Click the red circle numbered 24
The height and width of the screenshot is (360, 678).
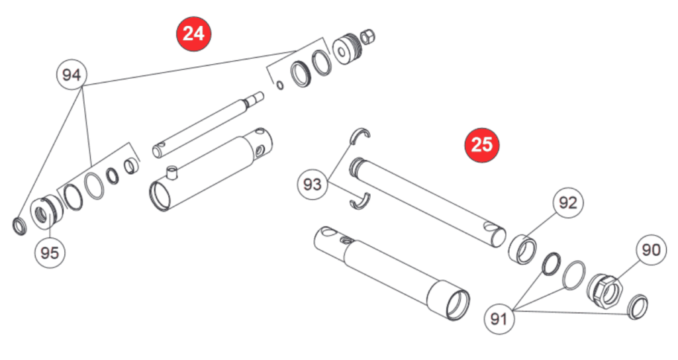coord(193,33)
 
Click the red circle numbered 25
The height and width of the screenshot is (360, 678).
coord(481,144)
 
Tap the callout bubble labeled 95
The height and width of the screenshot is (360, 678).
coord(50,252)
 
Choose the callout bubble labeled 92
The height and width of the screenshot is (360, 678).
coord(568,203)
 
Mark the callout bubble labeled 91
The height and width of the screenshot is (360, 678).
coord(501,319)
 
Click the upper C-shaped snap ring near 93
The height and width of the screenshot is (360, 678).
coord(360,136)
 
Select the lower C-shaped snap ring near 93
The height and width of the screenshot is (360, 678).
coord(358,201)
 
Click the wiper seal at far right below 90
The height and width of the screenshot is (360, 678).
coord(636,307)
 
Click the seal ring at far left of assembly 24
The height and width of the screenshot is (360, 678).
coord(20,226)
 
